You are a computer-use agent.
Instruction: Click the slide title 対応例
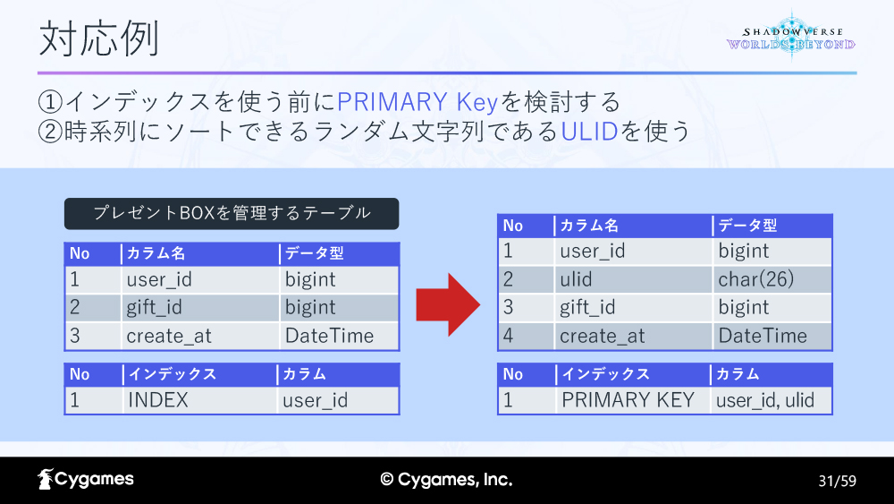point(98,38)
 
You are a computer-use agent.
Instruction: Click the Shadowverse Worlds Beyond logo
point(791,36)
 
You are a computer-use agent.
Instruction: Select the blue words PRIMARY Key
point(417,102)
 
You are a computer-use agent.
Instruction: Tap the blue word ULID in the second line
point(589,132)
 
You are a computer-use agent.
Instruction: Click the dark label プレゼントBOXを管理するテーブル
point(232,213)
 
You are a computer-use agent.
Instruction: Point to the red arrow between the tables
point(448,304)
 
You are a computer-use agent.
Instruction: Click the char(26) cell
point(756,279)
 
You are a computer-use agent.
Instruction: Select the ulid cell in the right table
point(576,279)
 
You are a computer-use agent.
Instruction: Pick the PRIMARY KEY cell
point(628,400)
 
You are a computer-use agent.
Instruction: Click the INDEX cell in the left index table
point(158,400)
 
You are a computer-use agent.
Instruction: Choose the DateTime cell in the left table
point(330,336)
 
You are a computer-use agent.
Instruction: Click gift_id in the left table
point(154,308)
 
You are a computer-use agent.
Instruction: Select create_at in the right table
point(602,337)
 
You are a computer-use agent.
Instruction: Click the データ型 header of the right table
point(747,226)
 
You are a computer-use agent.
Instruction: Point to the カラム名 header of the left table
point(156,253)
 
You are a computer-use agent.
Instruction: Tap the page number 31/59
point(837,481)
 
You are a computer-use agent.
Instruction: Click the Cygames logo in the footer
point(86,480)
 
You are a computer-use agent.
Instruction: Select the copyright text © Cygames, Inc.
point(446,480)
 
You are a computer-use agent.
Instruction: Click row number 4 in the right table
point(509,336)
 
